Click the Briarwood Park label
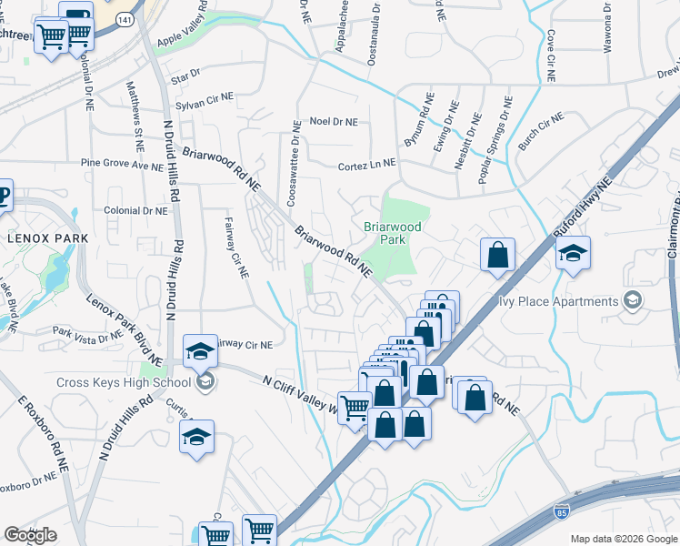click(389, 232)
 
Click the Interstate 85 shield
click(562, 514)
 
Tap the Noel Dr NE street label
click(334, 121)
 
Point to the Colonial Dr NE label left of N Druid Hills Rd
click(136, 210)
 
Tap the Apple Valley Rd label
click(188, 36)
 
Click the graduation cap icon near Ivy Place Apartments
click(573, 254)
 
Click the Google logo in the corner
click(30, 535)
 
